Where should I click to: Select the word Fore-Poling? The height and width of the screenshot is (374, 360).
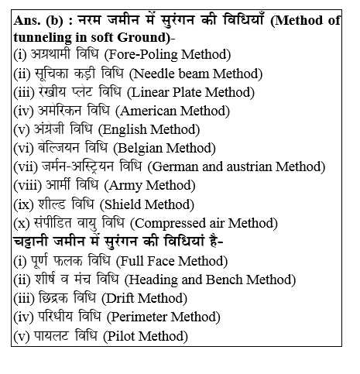pos(145,54)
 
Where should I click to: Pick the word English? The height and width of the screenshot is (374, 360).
pos(132,129)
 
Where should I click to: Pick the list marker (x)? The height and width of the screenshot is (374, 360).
pos(22,222)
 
